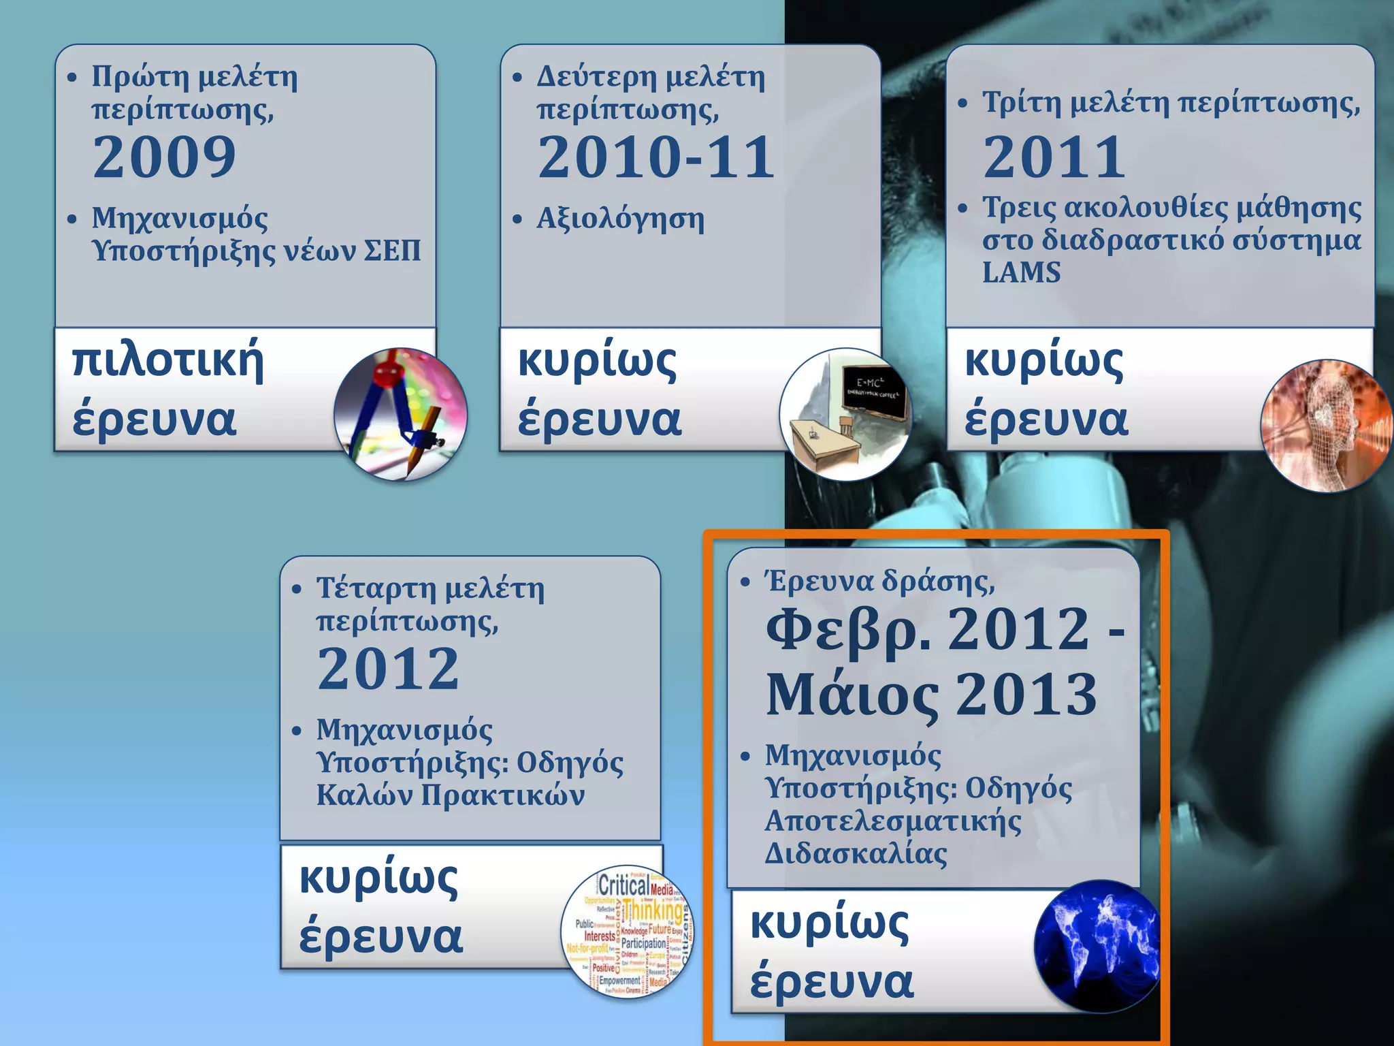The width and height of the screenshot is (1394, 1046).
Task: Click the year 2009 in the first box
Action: click(164, 157)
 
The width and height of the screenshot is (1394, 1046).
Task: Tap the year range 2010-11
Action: click(655, 157)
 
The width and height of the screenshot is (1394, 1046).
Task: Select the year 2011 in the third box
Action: click(1054, 157)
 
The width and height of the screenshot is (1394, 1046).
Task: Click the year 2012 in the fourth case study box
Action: click(388, 669)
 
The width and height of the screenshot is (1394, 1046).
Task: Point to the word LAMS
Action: click(1021, 272)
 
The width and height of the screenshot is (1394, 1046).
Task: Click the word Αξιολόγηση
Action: click(620, 219)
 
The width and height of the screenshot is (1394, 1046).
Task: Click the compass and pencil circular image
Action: click(400, 414)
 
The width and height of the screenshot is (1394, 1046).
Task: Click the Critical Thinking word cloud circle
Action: click(628, 934)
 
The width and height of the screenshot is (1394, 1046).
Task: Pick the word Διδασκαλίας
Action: click(856, 853)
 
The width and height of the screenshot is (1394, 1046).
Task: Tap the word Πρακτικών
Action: click(503, 795)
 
